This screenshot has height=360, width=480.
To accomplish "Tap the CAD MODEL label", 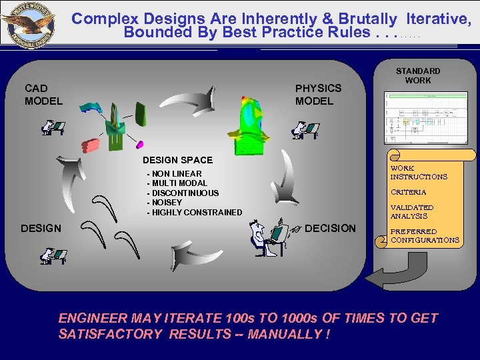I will click(x=43, y=95).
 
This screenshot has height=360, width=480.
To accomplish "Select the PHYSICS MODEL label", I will click(x=318, y=95).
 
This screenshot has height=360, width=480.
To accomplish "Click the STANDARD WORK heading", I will click(x=418, y=75).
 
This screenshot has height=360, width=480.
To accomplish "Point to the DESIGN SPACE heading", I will click(x=177, y=160).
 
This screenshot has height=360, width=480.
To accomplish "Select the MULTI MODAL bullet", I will click(x=177, y=183).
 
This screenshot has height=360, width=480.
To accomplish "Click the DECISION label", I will click(x=330, y=229).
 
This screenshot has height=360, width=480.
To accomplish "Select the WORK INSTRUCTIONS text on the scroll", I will click(x=418, y=173).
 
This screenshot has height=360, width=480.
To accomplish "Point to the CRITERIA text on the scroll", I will click(x=408, y=192).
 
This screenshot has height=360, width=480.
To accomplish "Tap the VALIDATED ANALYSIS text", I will click(x=411, y=212).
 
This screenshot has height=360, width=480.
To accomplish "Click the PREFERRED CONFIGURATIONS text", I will click(x=424, y=236).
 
